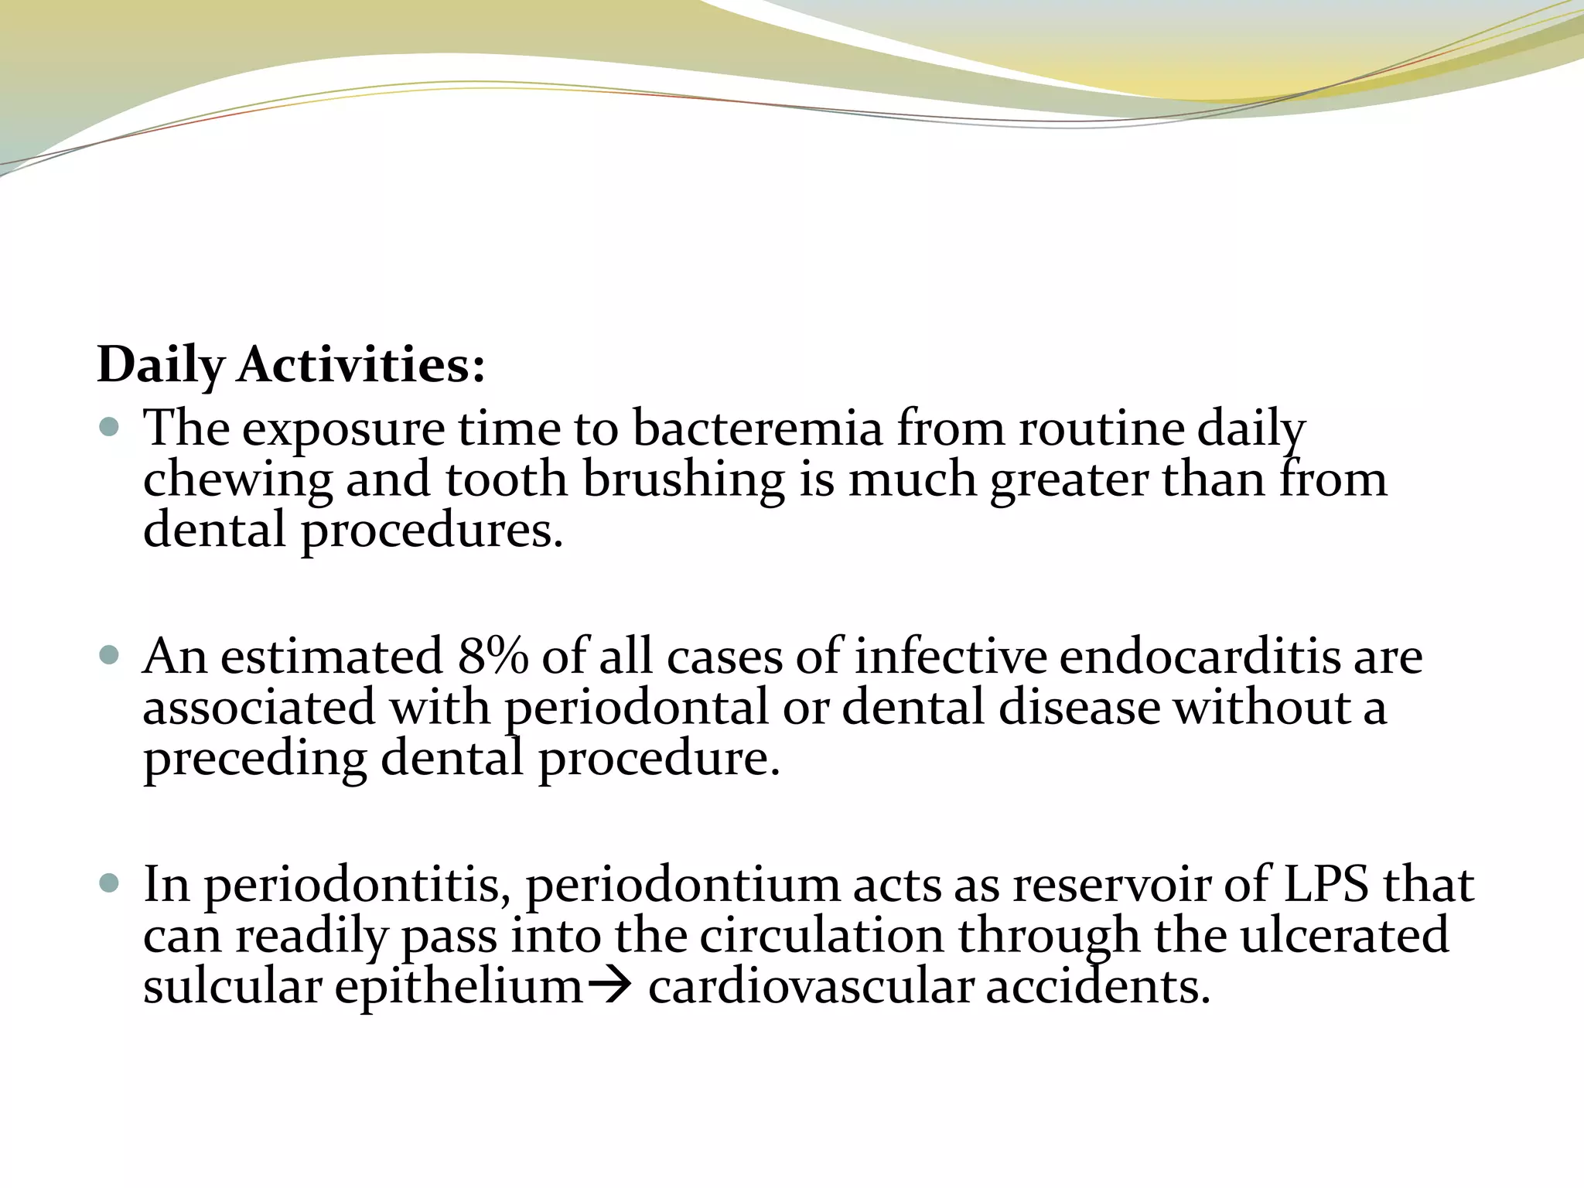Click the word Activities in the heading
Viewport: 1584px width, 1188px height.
(361, 364)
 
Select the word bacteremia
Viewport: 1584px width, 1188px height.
(757, 428)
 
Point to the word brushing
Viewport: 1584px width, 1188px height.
(684, 480)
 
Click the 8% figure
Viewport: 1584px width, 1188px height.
(493, 657)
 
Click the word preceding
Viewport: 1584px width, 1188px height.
(254, 760)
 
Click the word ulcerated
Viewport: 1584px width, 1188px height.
(1344, 936)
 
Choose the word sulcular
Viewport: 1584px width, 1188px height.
(232, 987)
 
